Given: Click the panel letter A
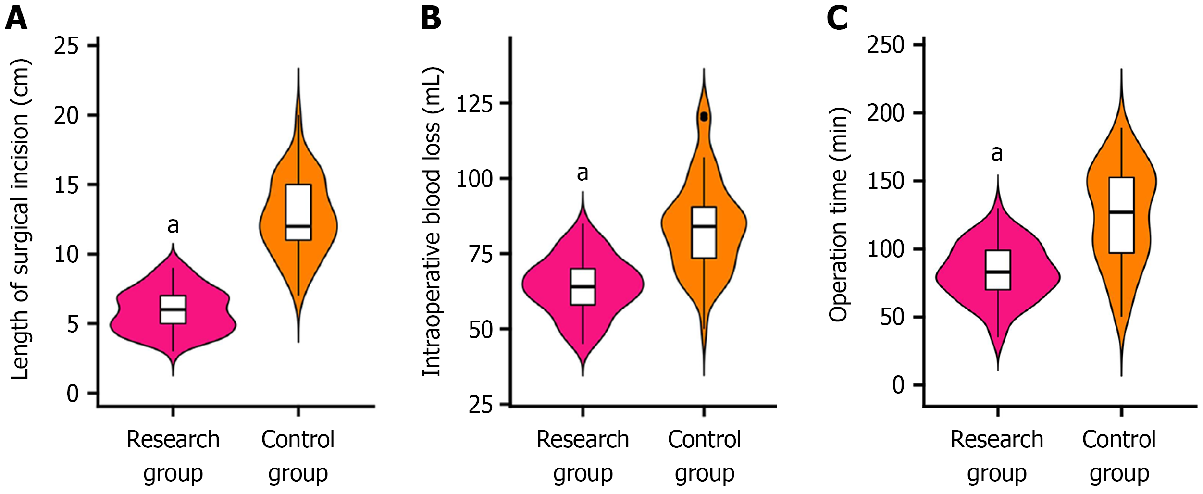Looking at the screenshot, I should (x=16, y=18).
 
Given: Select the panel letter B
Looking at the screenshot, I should (x=430, y=18).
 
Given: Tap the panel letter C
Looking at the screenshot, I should (x=837, y=18).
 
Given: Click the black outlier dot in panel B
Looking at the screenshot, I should (x=704, y=117).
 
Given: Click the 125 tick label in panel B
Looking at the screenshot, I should (x=474, y=103).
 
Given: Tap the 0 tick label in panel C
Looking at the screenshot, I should (x=898, y=385).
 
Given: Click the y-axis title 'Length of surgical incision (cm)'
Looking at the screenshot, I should (x=20, y=219).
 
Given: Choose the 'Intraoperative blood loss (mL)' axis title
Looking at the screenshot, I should (x=432, y=221).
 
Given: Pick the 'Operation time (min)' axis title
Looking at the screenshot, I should (x=839, y=214).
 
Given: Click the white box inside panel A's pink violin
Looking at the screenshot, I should (x=173, y=309).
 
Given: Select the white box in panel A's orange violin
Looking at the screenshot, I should (x=298, y=212).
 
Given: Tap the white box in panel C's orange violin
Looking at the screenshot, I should (x=1122, y=215).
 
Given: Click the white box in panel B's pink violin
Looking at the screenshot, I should (x=583, y=286).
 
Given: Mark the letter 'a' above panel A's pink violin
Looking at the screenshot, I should (x=173, y=225).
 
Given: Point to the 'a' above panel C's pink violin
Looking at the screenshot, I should (x=997, y=153).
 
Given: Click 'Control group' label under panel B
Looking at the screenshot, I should (x=705, y=456).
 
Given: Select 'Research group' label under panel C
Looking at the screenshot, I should (x=997, y=456).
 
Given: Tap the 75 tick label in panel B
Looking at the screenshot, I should (x=481, y=254).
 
